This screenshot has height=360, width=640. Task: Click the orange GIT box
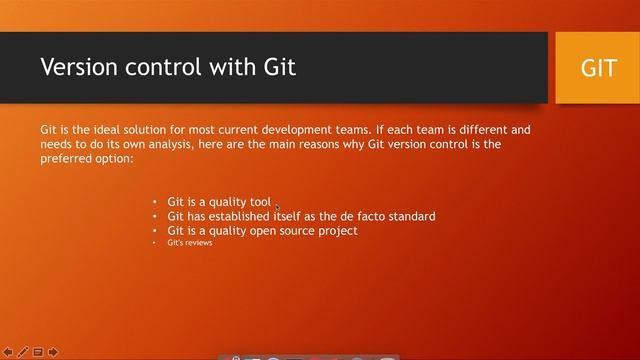[x=598, y=68]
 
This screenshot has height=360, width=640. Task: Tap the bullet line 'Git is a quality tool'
[x=218, y=202]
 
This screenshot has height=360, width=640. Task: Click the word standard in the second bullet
[x=410, y=216]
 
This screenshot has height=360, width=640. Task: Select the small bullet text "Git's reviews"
[x=189, y=243]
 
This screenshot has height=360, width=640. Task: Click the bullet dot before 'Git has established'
[x=155, y=216]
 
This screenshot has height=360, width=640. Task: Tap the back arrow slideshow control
[x=8, y=352]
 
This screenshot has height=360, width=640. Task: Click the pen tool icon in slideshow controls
[x=23, y=352]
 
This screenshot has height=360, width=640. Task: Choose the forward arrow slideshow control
[x=52, y=352]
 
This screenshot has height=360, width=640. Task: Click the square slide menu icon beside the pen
[x=38, y=352]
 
